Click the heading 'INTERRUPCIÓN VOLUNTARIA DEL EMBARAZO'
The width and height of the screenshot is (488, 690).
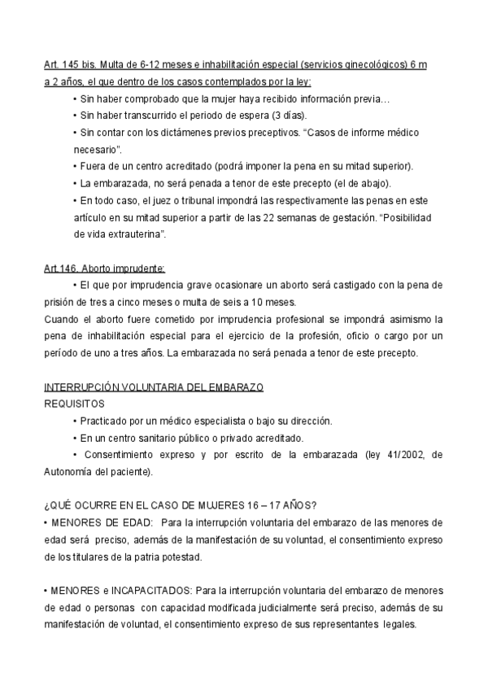pyautogui.click(x=153, y=386)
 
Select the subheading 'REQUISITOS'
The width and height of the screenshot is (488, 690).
pyautogui.click(x=73, y=403)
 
